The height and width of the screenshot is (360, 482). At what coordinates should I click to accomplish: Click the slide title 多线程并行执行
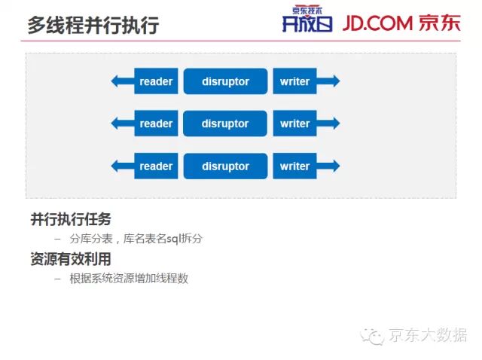click(x=93, y=24)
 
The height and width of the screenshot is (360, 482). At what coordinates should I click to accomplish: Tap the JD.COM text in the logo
click(x=376, y=23)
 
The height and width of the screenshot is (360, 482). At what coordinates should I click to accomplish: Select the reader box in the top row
click(x=156, y=81)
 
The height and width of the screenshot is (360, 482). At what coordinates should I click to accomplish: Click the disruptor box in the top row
click(x=225, y=81)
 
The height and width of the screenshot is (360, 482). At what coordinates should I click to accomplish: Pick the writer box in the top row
click(x=294, y=81)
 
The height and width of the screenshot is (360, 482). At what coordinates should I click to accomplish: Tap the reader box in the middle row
click(x=156, y=124)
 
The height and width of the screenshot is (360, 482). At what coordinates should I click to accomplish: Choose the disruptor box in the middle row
click(x=225, y=124)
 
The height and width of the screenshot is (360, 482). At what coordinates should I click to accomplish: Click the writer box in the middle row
click(x=294, y=124)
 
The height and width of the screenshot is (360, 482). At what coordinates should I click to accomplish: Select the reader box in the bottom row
click(x=156, y=166)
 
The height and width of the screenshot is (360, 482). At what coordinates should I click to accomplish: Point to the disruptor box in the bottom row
click(x=225, y=166)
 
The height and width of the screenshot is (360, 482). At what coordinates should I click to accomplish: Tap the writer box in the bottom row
click(x=294, y=166)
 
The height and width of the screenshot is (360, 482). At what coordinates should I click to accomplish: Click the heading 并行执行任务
click(x=71, y=219)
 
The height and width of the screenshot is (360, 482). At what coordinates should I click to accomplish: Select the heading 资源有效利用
click(x=71, y=258)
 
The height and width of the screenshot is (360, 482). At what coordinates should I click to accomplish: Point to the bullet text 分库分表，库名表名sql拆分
click(x=136, y=239)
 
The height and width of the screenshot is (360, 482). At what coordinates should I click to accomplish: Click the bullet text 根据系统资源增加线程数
click(x=129, y=278)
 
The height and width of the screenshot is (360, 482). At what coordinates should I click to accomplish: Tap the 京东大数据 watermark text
click(x=427, y=335)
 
